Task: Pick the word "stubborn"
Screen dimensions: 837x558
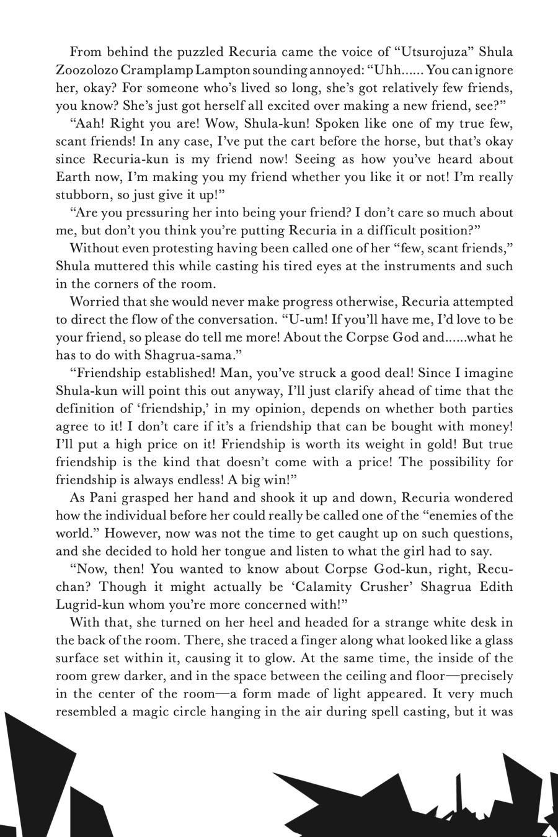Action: pos(84,195)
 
